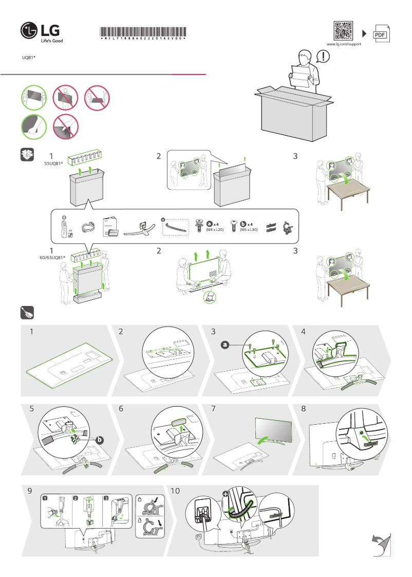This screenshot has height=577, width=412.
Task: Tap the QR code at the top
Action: click(344, 31)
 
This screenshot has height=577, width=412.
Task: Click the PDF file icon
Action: click(380, 34)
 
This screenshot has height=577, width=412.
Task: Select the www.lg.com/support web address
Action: click(344, 45)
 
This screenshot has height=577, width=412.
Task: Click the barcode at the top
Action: click(143, 31)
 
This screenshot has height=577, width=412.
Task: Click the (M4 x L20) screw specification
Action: click(215, 229)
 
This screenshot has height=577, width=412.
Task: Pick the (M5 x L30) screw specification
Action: click(249, 229)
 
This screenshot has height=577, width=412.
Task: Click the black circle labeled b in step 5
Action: click(100, 440)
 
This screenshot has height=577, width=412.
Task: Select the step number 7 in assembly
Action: click(213, 409)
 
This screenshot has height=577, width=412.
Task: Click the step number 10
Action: click(175, 491)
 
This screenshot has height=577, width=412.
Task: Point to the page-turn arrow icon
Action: click(381, 545)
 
